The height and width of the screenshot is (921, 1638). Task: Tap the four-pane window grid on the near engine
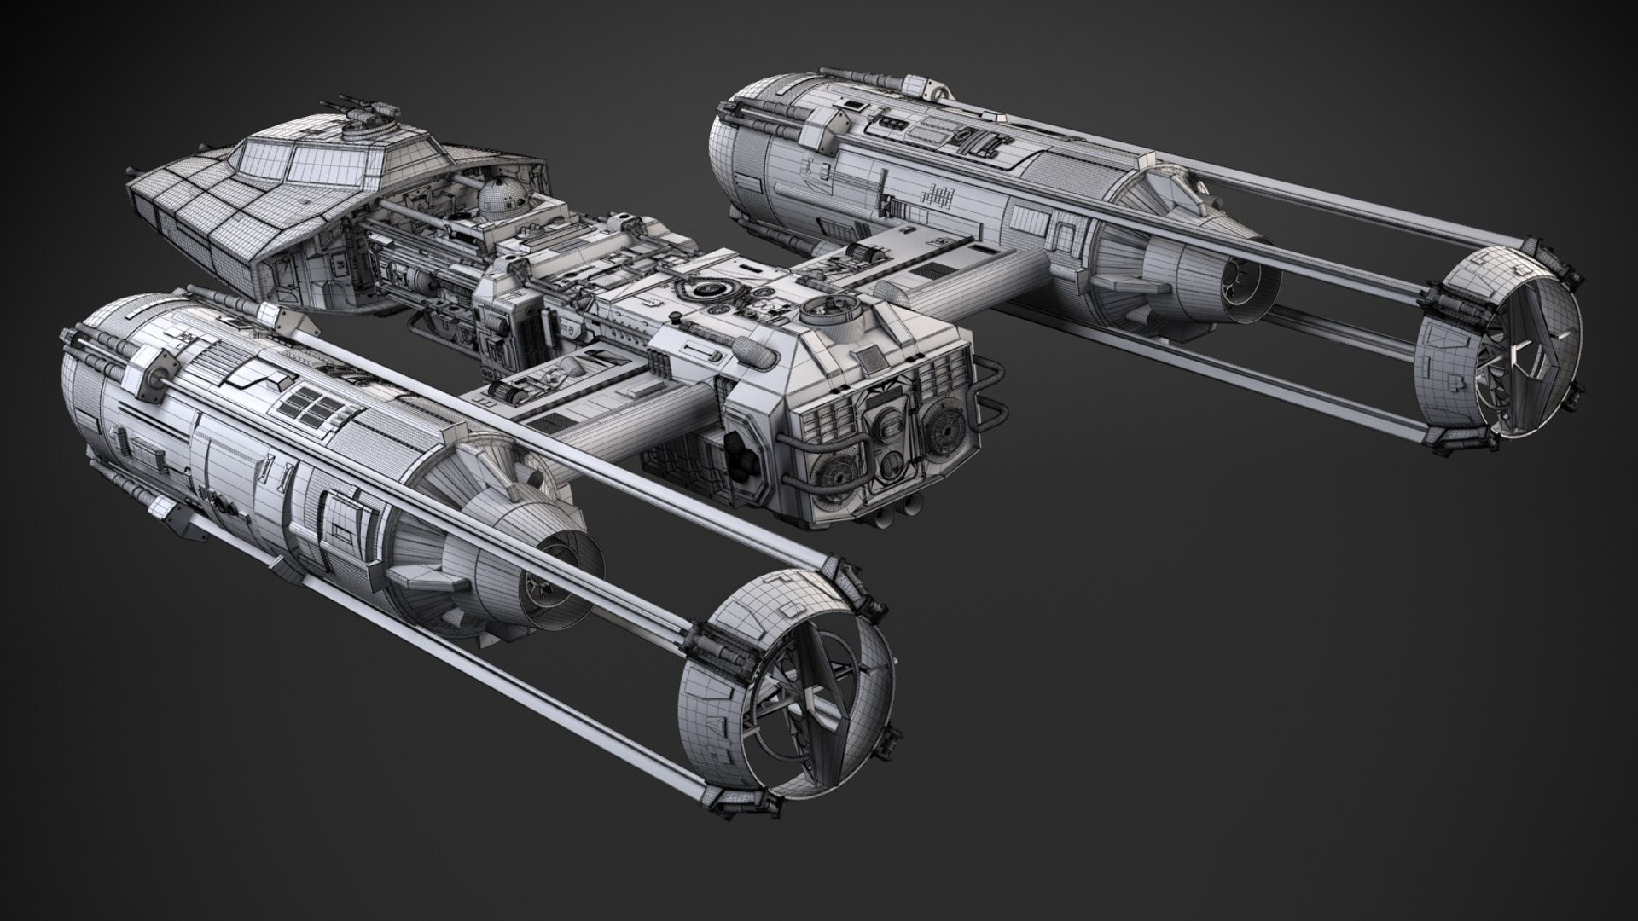(310, 406)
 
